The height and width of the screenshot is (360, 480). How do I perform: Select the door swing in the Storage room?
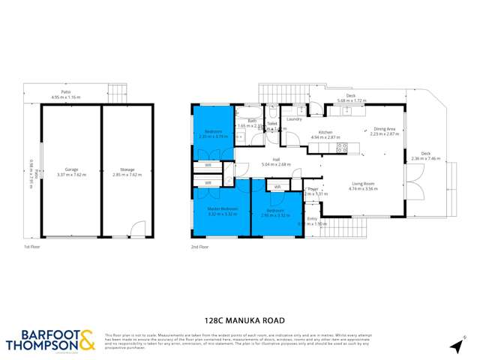point(136,228)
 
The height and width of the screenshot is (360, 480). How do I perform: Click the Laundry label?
point(294,118)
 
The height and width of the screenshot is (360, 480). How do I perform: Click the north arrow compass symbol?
point(454,344)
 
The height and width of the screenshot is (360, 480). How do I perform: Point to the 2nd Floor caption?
point(200,245)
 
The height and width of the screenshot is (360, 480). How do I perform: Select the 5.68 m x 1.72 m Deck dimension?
point(349,100)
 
